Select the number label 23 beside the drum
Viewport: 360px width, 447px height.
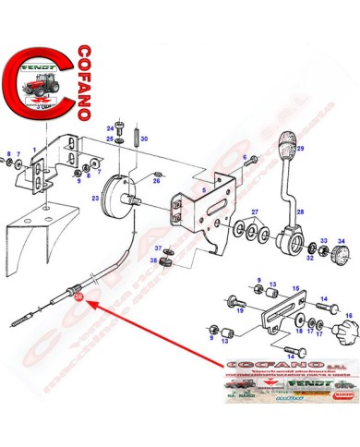tap(95, 199)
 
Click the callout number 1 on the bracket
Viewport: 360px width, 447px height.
tap(34, 148)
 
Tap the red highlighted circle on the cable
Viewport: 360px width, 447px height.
tap(77, 296)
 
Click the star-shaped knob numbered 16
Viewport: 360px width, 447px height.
tap(345, 329)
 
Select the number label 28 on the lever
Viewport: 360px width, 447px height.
tap(298, 211)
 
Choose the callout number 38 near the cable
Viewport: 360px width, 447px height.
tap(154, 261)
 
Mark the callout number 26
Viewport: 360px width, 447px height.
tap(156, 181)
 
